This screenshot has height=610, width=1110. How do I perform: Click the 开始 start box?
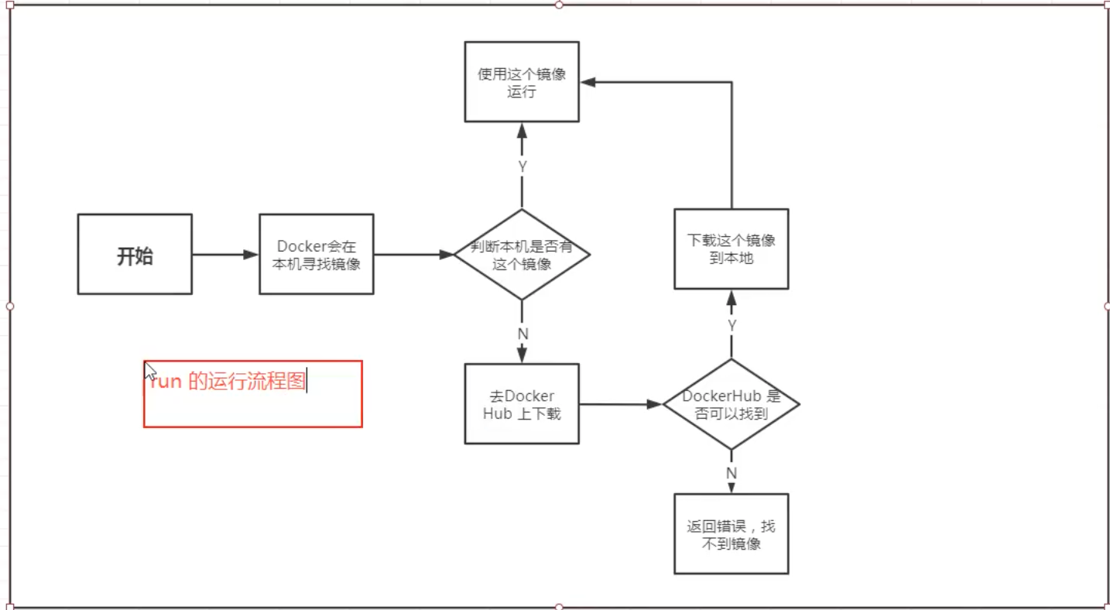pyautogui.click(x=135, y=255)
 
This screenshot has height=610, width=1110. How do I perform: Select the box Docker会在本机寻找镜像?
pyautogui.click(x=316, y=255)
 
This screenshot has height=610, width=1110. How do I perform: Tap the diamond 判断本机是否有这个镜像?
pyautogui.click(x=522, y=255)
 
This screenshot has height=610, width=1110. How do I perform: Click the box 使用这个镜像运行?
pyautogui.click(x=522, y=82)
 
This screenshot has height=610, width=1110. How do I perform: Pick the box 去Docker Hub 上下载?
pyautogui.click(x=522, y=404)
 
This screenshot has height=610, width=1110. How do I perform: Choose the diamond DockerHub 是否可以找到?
pyautogui.click(x=731, y=404)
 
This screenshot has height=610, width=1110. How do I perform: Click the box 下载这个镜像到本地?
pyautogui.click(x=731, y=249)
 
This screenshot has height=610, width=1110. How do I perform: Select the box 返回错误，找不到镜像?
pyautogui.click(x=731, y=534)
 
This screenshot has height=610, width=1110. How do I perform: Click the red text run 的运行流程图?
pyautogui.click(x=228, y=382)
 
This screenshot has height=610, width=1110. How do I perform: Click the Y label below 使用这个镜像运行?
pyautogui.click(x=522, y=166)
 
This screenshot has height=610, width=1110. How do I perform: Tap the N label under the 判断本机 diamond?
pyautogui.click(x=522, y=334)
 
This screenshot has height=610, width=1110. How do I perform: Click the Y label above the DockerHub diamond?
pyautogui.click(x=731, y=326)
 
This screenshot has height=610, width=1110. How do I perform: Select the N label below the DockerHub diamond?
pyautogui.click(x=731, y=472)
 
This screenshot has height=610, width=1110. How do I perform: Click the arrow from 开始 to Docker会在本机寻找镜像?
pyautogui.click(x=224, y=255)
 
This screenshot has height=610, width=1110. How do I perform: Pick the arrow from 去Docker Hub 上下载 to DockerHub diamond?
pyautogui.click(x=619, y=404)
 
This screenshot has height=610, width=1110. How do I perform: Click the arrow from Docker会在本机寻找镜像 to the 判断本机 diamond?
pyautogui.click(x=413, y=255)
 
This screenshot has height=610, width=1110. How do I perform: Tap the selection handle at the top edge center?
pyautogui.click(x=559, y=5)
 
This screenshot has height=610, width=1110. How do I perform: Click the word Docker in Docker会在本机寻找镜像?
pyautogui.click(x=300, y=246)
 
